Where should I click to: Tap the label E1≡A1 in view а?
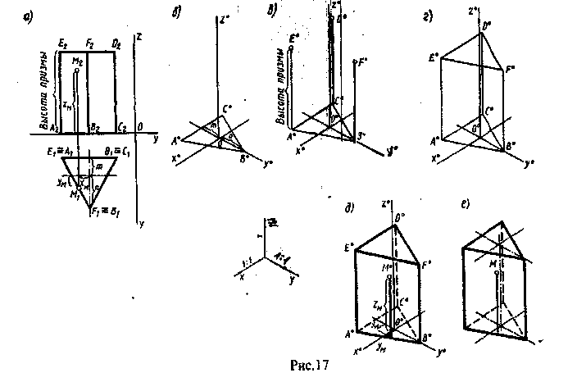[63, 149]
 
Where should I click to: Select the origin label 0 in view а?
[141, 127]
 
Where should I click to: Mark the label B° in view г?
[511, 146]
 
